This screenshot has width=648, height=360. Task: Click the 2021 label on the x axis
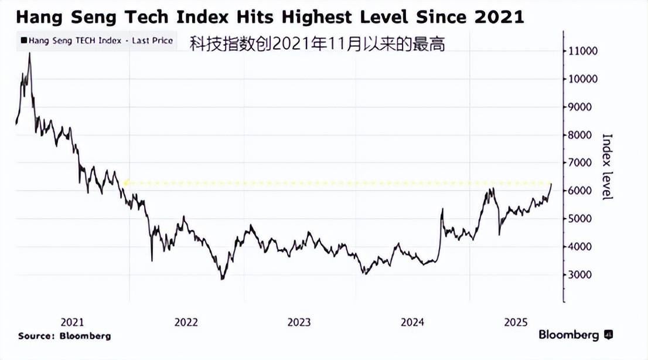pyautogui.click(x=72, y=322)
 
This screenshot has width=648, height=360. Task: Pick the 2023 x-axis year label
pyautogui.click(x=299, y=322)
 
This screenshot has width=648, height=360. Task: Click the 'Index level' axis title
pyautogui.click(x=608, y=167)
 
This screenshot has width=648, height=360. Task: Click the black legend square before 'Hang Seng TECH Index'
pyautogui.click(x=23, y=41)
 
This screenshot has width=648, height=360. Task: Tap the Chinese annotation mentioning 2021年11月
pyautogui.click(x=317, y=43)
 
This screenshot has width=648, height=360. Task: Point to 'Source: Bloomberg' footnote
pyautogui.click(x=64, y=336)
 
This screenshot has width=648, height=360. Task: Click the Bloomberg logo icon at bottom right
pyautogui.click(x=608, y=335)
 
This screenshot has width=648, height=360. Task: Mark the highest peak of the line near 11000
pyautogui.click(x=29, y=54)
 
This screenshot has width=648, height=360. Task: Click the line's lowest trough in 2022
pyautogui.click(x=222, y=279)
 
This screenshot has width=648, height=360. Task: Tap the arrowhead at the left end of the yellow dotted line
pyautogui.click(x=125, y=182)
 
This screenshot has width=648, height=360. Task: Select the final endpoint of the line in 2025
pyautogui.click(x=551, y=184)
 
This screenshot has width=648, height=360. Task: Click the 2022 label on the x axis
pyautogui.click(x=186, y=322)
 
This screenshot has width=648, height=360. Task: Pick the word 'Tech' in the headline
pyautogui.click(x=146, y=17)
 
